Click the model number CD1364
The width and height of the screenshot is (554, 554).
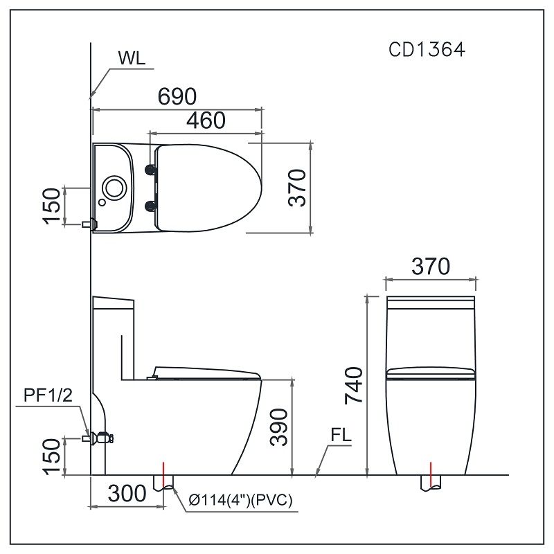[x=426, y=51]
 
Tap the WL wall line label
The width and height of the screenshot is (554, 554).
[x=132, y=58]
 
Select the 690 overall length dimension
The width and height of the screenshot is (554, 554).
[x=177, y=97]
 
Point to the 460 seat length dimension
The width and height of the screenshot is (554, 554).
[x=206, y=120]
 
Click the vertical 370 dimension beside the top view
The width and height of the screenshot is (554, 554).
[x=297, y=187]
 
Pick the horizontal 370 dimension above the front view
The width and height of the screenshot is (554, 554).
[x=431, y=266]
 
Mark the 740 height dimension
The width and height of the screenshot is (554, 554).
[x=352, y=386]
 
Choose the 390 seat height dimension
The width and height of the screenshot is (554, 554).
[x=279, y=427]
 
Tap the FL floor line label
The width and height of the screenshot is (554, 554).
[x=339, y=438]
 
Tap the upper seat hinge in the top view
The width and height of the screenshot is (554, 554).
[x=150, y=170]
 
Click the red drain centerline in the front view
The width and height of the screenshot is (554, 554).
[x=431, y=474]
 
